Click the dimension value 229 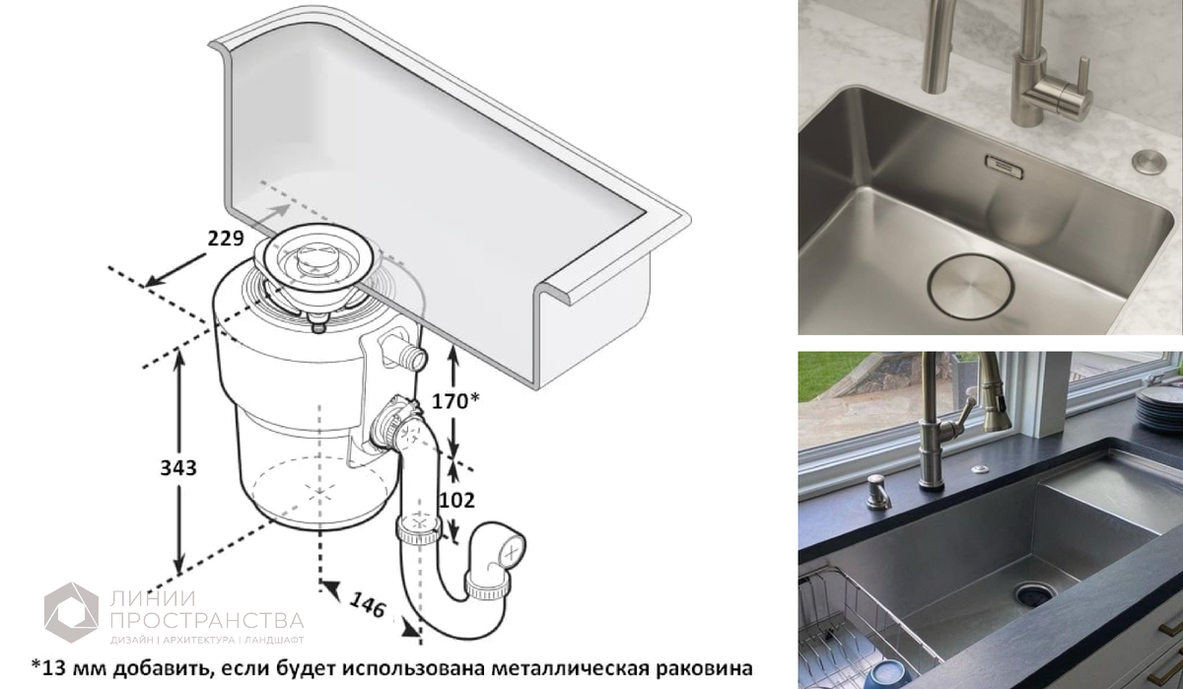click(x=226, y=239)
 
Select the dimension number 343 click(x=178, y=468)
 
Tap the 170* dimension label click(x=455, y=401)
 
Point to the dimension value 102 click(x=456, y=500)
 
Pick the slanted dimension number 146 click(x=368, y=605)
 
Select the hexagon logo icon click(x=71, y=612)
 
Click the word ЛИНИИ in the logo click(x=153, y=598)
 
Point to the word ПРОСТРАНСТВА click(x=207, y=620)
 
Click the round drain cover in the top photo click(x=971, y=287)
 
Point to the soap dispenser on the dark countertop click(x=877, y=492)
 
